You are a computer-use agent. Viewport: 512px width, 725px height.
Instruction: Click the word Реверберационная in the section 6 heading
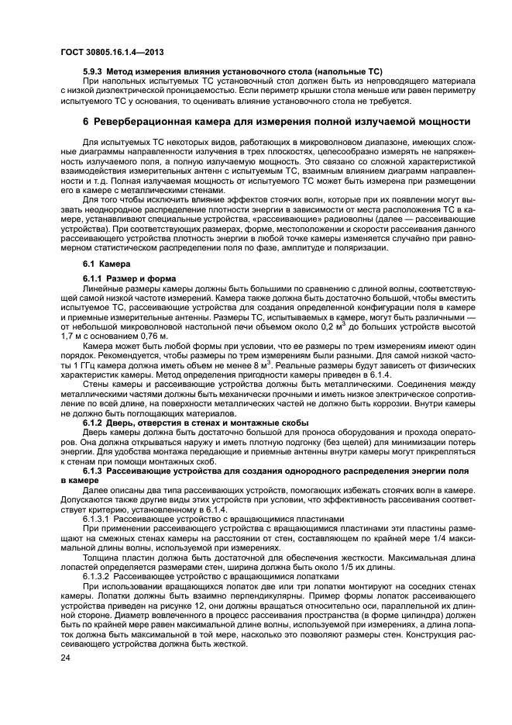coord(143,123)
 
